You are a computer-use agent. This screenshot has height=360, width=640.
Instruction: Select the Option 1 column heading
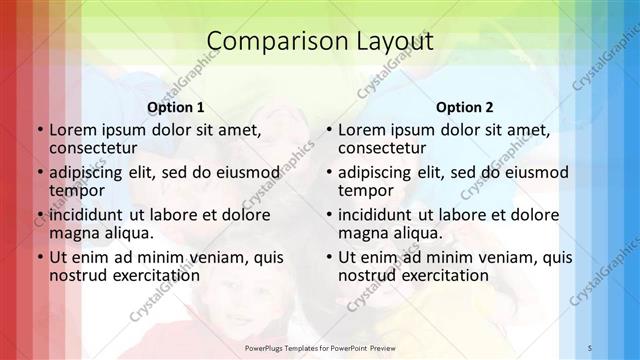pos(176,106)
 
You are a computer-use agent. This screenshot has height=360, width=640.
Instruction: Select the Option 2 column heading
pos(465,106)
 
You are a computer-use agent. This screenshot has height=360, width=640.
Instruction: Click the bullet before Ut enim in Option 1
pos(38,256)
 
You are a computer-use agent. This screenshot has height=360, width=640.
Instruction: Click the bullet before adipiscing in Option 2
pos(327,172)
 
